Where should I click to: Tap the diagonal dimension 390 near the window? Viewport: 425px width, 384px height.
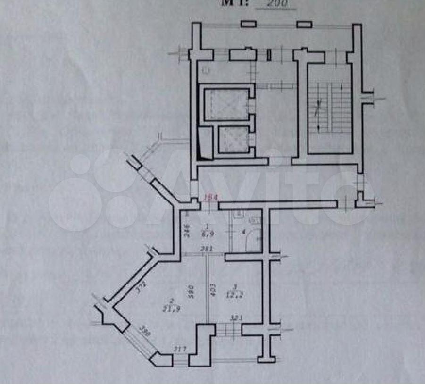point(145,332)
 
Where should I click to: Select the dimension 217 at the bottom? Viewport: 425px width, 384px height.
point(180,349)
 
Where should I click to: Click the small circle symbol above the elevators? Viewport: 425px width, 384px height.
point(206,71)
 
